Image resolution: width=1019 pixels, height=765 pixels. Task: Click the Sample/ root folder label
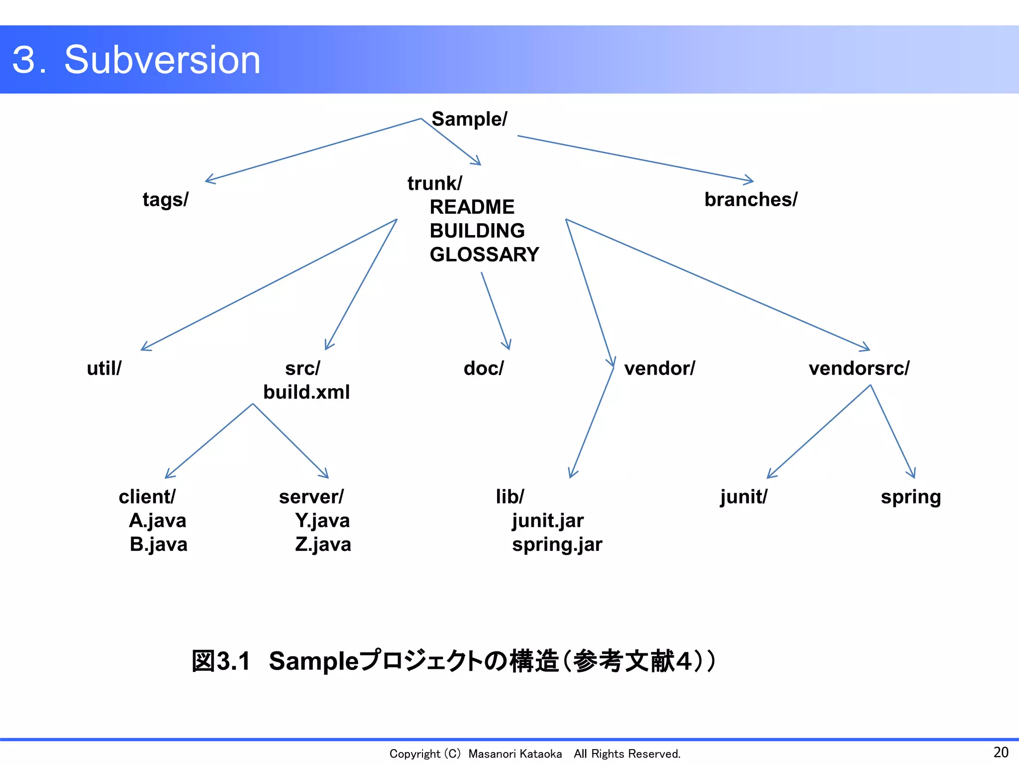tap(469, 120)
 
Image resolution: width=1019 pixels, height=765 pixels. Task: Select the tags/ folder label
tap(165, 200)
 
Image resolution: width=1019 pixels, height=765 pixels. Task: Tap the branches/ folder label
tap(750, 200)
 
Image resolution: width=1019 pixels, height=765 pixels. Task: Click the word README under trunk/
tap(472, 207)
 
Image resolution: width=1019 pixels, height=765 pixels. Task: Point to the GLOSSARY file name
tap(484, 255)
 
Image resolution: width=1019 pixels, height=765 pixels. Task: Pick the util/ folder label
tap(104, 369)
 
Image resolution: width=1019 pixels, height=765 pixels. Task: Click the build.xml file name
tap(306, 392)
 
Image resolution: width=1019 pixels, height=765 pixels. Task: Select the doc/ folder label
tap(484, 369)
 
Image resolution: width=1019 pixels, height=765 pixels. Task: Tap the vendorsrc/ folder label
tap(859, 369)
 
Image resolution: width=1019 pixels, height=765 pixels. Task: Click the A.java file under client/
tap(157, 521)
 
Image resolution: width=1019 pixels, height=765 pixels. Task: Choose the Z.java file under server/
tap(323, 545)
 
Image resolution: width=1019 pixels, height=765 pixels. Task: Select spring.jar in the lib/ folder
tap(557, 545)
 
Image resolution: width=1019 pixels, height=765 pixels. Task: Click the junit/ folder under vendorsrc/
tap(743, 497)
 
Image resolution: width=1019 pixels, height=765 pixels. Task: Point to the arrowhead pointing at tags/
tap(209, 180)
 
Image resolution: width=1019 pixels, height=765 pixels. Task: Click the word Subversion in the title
tap(162, 60)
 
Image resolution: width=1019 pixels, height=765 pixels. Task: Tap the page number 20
tap(1001, 752)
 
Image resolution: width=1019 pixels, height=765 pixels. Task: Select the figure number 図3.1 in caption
tap(221, 661)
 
